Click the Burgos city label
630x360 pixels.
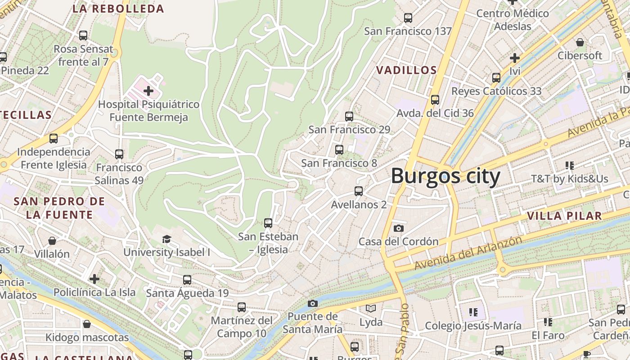pyautogui.click(x=445, y=176)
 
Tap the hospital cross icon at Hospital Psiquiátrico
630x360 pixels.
pyautogui.click(x=148, y=91)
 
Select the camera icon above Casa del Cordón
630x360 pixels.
pyautogui.click(x=398, y=228)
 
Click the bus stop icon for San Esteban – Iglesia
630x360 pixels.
pyautogui.click(x=268, y=223)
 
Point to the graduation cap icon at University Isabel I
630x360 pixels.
pyautogui.click(x=166, y=239)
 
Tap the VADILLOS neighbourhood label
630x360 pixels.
pyautogui.click(x=406, y=70)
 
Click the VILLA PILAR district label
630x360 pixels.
pyautogui.click(x=564, y=216)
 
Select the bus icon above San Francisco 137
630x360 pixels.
pyautogui.click(x=408, y=18)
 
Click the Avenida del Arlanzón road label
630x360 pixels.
pyautogui.click(x=468, y=253)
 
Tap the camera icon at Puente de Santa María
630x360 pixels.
pyautogui.click(x=313, y=303)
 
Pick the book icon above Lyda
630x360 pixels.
pyautogui.click(x=371, y=309)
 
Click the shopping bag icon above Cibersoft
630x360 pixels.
pyautogui.click(x=580, y=42)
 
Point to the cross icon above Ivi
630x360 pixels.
pyautogui.click(x=515, y=58)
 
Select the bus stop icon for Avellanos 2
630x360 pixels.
pyautogui.click(x=358, y=191)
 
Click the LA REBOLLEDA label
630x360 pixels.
pyautogui.click(x=118, y=9)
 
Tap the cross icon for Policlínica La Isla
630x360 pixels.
pyautogui.click(x=94, y=279)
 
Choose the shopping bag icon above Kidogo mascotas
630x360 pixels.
pyautogui.click(x=87, y=324)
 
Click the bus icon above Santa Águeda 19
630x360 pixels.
pyautogui.click(x=187, y=280)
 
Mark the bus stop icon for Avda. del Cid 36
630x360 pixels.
pyautogui.click(x=435, y=100)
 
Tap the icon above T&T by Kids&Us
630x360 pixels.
pyautogui.click(x=570, y=166)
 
